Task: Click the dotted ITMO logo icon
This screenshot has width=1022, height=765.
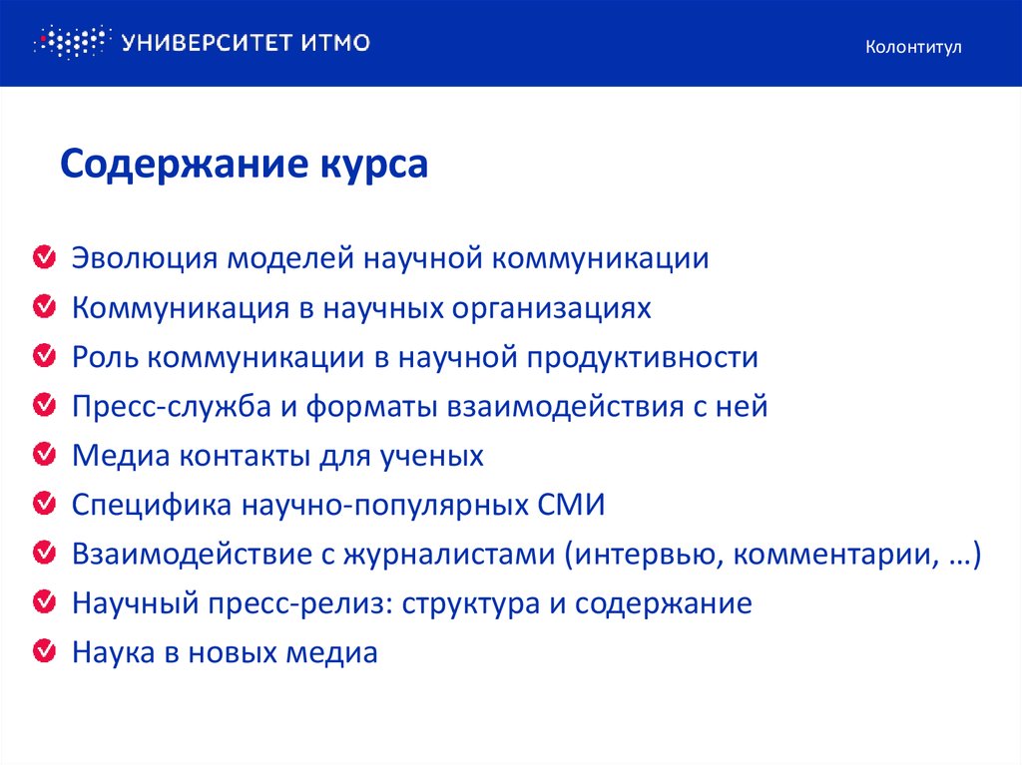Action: coord(69,42)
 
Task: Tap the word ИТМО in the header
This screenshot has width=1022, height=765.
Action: coord(334,43)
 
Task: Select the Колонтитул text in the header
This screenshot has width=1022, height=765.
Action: coord(913,47)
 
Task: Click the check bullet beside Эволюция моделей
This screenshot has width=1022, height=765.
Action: coord(44,258)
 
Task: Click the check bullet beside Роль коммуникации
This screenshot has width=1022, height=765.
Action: coord(44,356)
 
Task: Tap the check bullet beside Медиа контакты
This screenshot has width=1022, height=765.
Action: coord(44,455)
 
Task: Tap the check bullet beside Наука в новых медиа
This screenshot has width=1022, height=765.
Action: coord(44,652)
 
